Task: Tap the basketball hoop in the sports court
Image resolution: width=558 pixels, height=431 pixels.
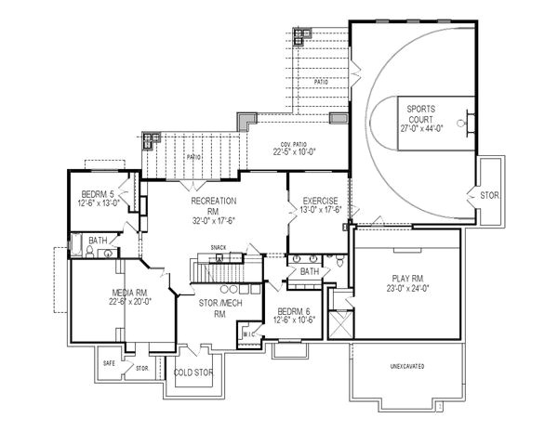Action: [468, 120]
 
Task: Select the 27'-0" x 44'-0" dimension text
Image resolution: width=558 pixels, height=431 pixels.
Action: [422, 128]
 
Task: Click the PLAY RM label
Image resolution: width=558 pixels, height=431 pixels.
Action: [406, 278]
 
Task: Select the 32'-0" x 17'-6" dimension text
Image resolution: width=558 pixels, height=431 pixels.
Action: [213, 220]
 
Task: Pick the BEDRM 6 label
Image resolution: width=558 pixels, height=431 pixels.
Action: [297, 313]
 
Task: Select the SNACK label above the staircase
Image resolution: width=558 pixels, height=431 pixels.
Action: [219, 246]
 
